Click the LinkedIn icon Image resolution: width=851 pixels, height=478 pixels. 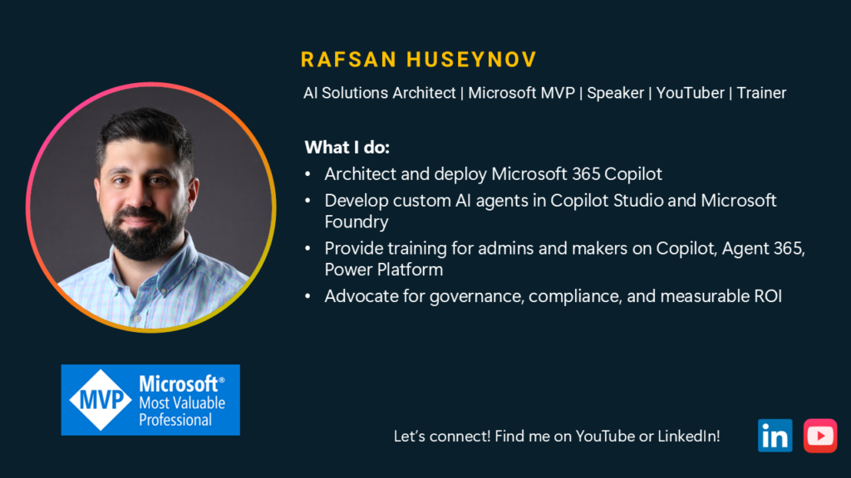tap(775, 435)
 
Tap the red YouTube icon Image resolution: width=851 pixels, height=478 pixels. tap(820, 435)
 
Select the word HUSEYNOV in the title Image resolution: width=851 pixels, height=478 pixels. tap(472, 60)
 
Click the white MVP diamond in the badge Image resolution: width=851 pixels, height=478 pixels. tap(101, 400)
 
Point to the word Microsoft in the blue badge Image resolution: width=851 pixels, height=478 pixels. tap(179, 383)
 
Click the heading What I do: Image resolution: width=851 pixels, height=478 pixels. tap(347, 148)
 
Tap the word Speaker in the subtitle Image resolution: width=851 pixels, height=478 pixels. tap(616, 93)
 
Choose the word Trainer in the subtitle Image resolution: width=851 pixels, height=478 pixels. tap(761, 93)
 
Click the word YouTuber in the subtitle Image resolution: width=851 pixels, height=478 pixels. tap(691, 93)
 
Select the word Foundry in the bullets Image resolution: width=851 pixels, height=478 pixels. tap(357, 222)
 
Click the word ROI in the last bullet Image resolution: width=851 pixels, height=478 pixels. tap(768, 296)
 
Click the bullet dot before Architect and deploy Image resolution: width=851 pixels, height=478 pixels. tap(307, 174)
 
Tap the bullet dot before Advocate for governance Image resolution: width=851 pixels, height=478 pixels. tap(307, 296)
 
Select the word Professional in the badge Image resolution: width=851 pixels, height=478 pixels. tap(175, 419)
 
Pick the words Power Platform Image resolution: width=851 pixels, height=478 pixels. tap(384, 270)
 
